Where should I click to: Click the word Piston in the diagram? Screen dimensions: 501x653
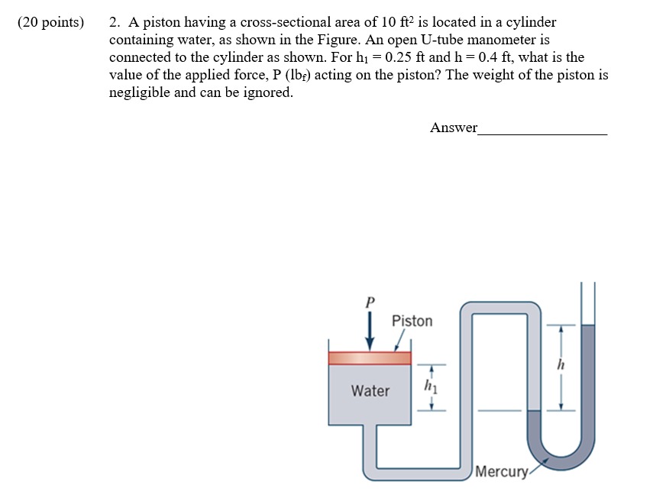pos(412,321)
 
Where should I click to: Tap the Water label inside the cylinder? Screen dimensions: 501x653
pos(370,391)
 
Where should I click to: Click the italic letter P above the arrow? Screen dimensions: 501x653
pos(370,301)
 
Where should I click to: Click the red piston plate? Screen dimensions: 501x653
pos(370,358)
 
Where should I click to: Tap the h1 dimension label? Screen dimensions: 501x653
pos(428,386)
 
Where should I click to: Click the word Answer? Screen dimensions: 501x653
pos(453,128)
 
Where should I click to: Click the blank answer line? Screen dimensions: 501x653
pos(542,133)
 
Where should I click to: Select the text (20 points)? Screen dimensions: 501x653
pos(50,22)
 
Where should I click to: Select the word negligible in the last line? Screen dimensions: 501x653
pos(141,92)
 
